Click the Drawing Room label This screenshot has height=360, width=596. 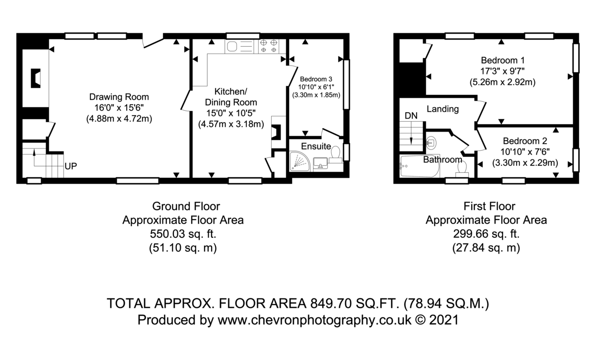pos(119,97)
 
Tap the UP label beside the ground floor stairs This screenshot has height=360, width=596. pos(71,166)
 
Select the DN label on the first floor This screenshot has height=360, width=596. pos(411,116)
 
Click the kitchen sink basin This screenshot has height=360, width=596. pos(232,47)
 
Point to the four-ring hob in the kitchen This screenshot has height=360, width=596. pos(269,46)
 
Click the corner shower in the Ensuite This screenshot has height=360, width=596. pos(299,161)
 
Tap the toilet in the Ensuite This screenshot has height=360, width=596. pos(336,155)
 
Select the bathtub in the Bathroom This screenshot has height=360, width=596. pos(419,166)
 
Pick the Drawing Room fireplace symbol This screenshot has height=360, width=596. pos(36,78)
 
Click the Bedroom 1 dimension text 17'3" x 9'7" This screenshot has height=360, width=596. pos(502,72)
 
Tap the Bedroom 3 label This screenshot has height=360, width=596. pos(316,79)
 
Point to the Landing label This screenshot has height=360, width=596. pos(443,109)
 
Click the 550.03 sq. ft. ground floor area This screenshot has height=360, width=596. pos(183,234)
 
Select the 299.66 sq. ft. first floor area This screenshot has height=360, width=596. pos(486,234)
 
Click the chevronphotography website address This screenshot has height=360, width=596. pos(315,320)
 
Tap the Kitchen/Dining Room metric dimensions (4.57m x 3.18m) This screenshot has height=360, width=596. pos(231,124)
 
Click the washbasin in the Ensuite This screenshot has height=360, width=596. pos(320,162)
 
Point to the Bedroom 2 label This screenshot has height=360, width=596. pos(525,141)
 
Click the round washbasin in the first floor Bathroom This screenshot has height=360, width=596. pos(431,143)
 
